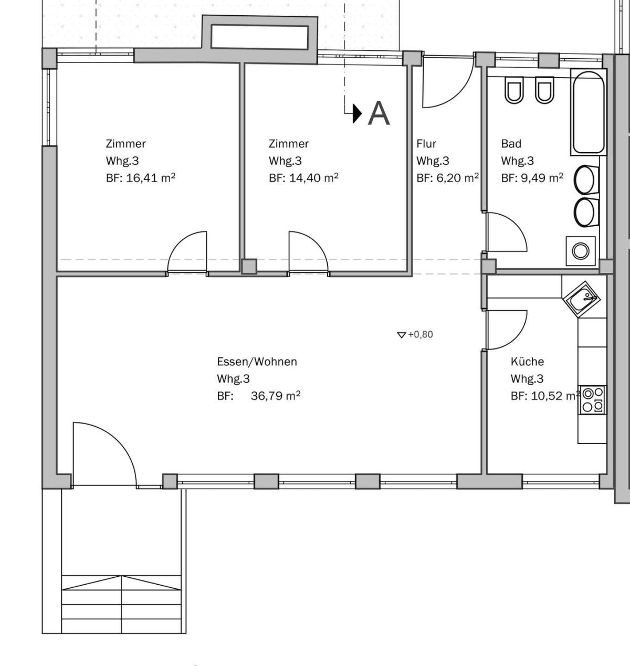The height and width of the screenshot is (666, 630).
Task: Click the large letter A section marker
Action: (x=379, y=113)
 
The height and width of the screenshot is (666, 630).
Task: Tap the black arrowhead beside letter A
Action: (x=357, y=113)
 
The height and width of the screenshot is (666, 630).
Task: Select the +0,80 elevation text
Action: (x=421, y=335)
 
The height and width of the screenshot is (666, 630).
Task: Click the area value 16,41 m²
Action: (x=151, y=178)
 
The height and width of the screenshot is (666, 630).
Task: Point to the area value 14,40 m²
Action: (x=313, y=178)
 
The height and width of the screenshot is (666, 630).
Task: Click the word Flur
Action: (x=426, y=144)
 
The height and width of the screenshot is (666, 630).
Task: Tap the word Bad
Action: (x=511, y=144)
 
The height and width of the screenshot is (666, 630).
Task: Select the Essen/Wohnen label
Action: (x=257, y=362)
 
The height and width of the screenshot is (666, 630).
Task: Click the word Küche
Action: (x=527, y=362)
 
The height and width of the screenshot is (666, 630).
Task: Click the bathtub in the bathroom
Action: (x=589, y=112)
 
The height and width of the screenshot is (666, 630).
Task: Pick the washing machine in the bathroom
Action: (x=581, y=251)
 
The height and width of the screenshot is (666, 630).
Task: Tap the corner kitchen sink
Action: (x=581, y=300)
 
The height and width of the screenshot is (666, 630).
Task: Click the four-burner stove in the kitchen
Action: (x=593, y=400)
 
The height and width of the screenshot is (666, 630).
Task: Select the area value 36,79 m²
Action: (x=276, y=396)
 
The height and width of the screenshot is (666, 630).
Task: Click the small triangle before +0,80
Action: (x=402, y=335)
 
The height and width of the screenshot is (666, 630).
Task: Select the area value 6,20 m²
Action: (x=457, y=178)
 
